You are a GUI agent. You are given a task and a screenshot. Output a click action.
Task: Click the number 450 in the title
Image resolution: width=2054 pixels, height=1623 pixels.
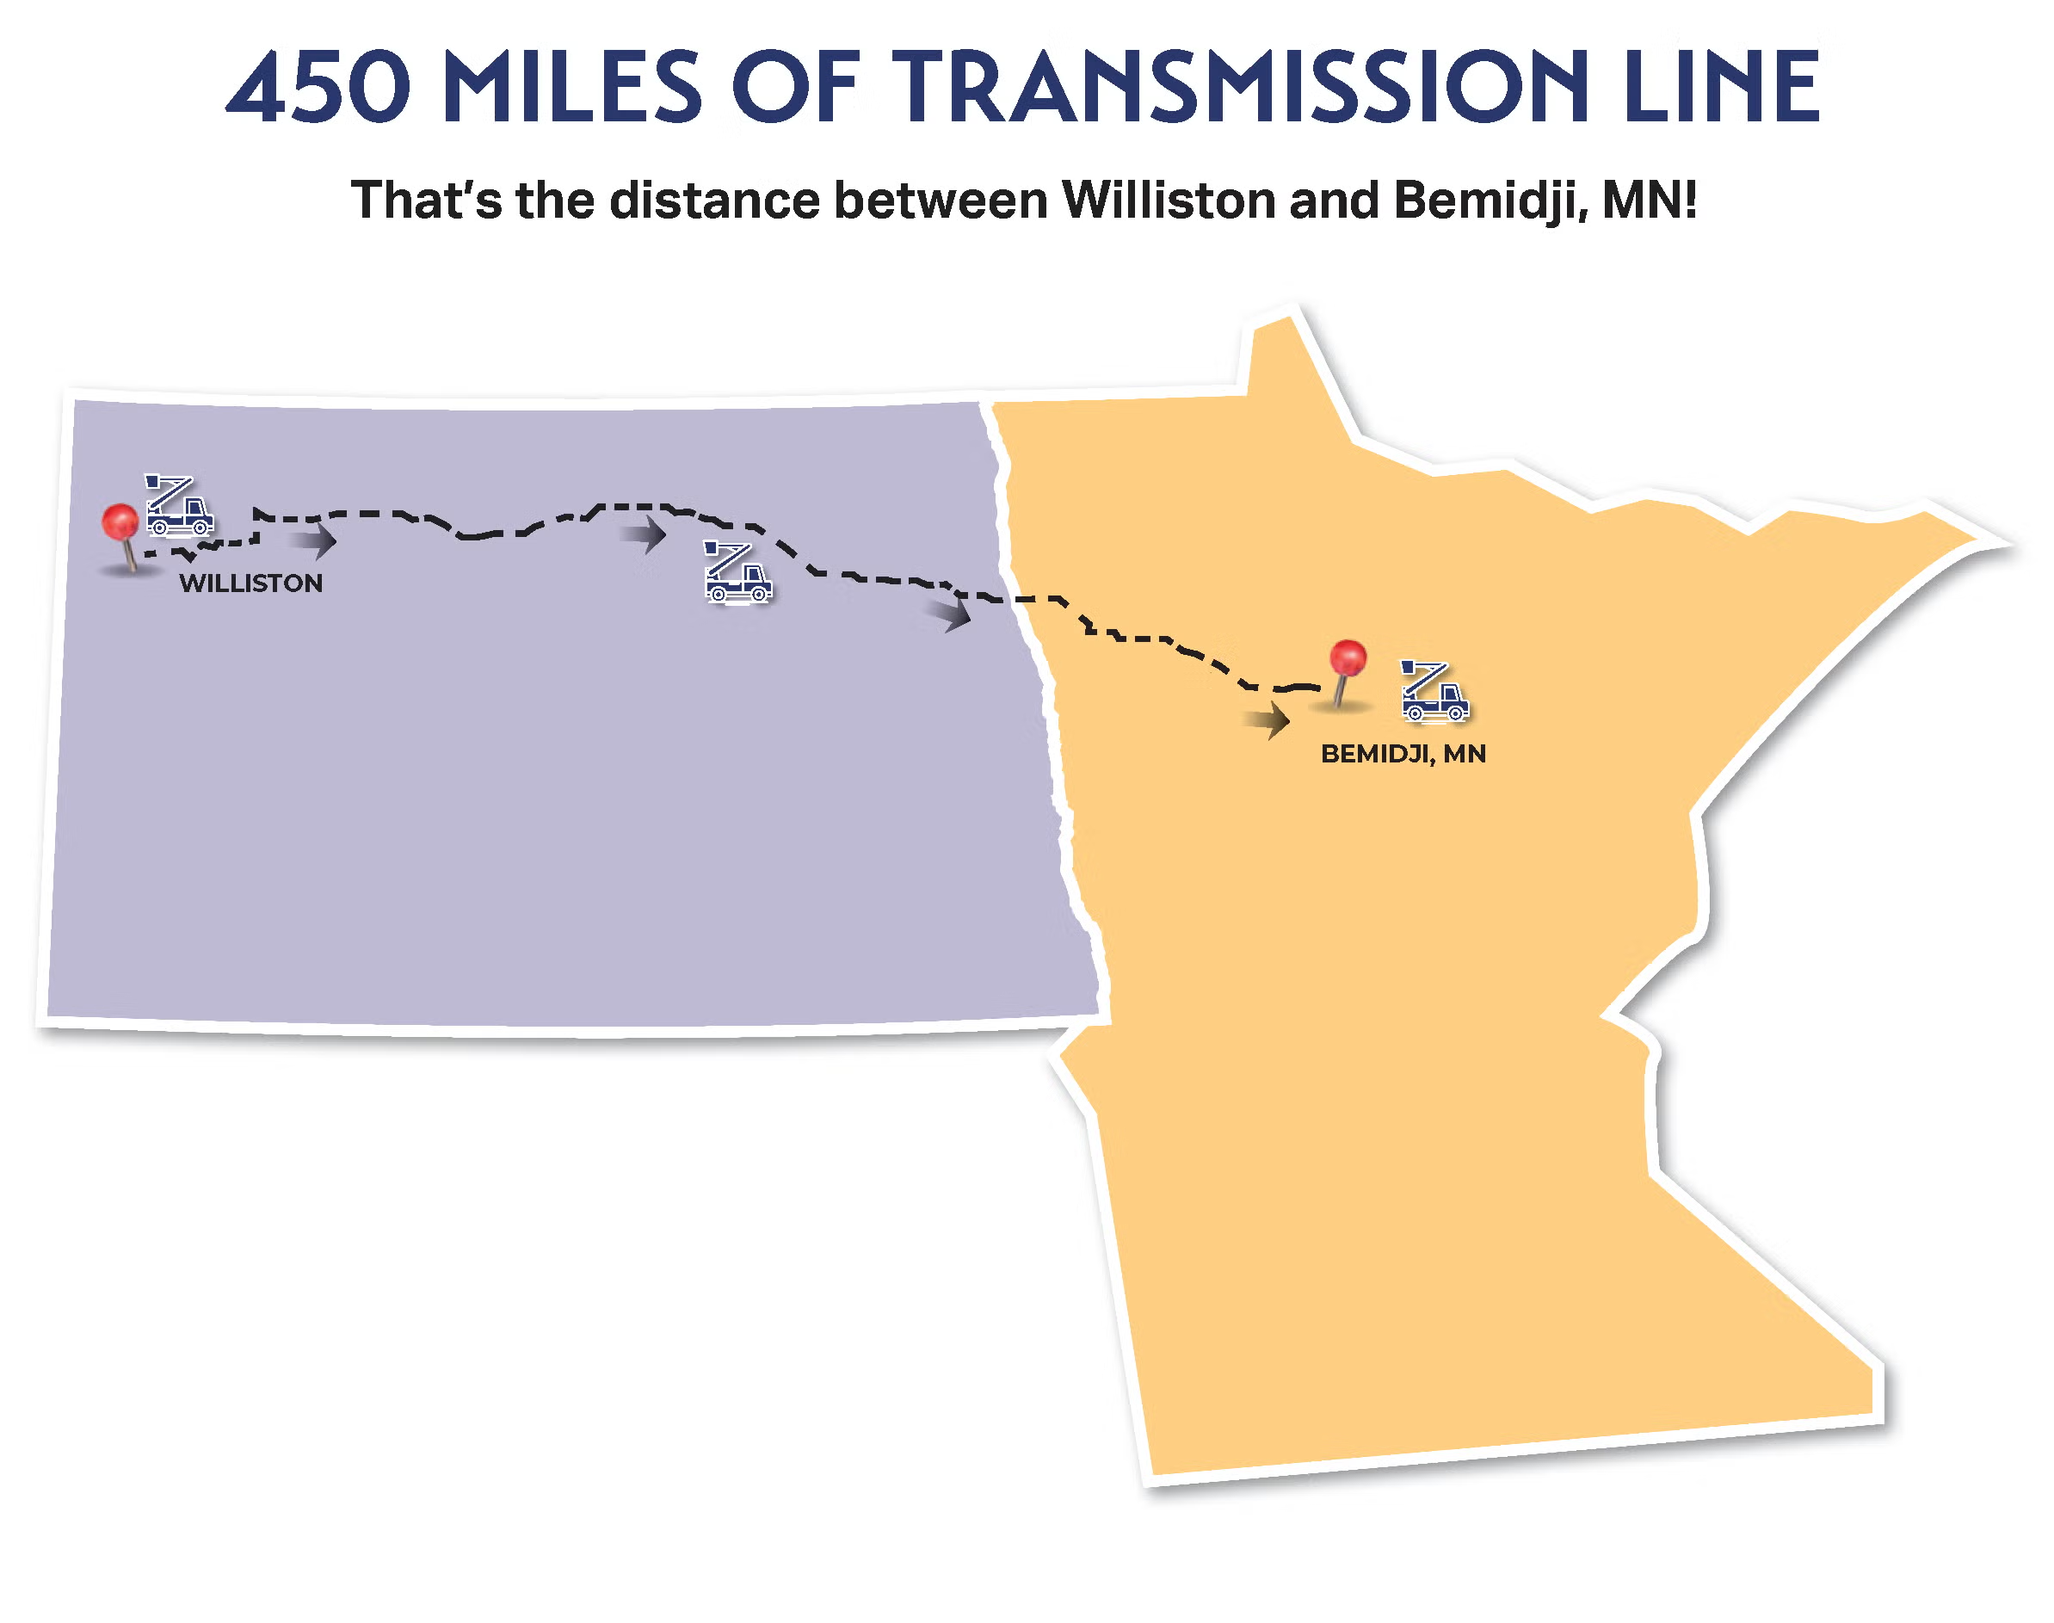(x=319, y=88)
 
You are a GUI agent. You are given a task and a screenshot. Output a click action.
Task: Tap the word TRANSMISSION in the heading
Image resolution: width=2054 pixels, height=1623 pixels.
(x=1240, y=88)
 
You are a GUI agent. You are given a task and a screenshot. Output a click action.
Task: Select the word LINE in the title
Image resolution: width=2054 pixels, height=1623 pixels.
(x=1720, y=88)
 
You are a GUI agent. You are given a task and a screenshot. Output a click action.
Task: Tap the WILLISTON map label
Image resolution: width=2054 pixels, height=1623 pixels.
(x=250, y=583)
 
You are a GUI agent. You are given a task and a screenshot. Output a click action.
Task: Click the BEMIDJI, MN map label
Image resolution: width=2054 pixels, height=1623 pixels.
(x=1403, y=755)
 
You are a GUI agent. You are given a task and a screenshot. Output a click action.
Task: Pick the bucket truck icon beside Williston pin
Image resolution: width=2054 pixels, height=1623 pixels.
(x=179, y=507)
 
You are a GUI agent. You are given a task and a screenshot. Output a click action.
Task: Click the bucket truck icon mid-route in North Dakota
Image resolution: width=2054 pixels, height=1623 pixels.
(x=737, y=572)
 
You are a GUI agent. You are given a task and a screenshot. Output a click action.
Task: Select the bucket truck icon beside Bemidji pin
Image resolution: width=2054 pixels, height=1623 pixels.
(x=1434, y=692)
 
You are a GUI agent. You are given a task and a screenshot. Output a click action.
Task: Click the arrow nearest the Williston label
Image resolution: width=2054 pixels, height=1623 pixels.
(x=313, y=541)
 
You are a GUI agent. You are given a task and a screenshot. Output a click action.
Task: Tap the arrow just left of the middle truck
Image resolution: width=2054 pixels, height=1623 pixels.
(x=645, y=535)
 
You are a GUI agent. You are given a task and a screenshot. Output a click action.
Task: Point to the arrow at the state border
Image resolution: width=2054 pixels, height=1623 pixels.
(x=950, y=614)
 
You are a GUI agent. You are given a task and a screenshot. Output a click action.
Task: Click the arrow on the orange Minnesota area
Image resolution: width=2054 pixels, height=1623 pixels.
(x=1268, y=720)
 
